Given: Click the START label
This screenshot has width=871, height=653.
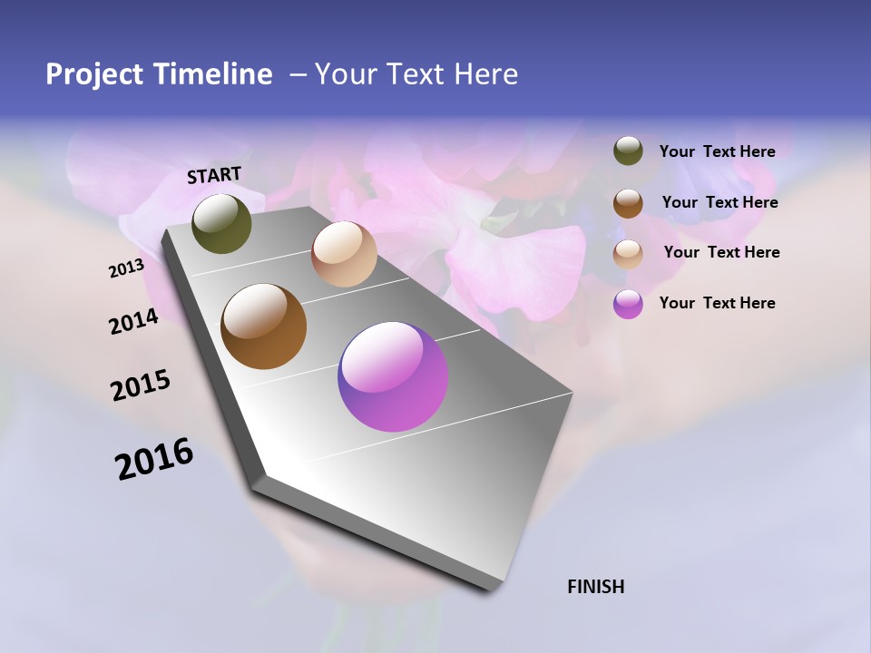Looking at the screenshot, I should tap(214, 175).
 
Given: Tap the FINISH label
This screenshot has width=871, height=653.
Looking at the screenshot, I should tap(595, 587).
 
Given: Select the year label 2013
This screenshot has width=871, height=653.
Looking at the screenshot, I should tap(127, 268).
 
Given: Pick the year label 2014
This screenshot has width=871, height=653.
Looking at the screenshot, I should tap(133, 321).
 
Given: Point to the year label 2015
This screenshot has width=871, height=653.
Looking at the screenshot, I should tap(141, 385).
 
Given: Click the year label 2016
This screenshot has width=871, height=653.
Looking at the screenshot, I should tap(154, 459).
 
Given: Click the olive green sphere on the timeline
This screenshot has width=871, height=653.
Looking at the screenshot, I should tap(221, 223).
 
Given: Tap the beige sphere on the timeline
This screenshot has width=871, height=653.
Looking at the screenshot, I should tap(344, 254).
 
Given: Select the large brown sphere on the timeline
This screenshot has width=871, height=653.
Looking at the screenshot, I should tap(263, 326).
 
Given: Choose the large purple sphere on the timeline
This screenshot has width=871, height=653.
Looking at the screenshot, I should tap(393, 376).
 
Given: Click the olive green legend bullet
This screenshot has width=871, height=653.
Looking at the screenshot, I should tap(628, 151).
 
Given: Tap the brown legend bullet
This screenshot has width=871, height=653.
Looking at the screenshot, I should tap(628, 203).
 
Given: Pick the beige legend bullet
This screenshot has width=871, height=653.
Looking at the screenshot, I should tap(628, 254).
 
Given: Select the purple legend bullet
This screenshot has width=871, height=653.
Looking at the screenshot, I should tap(628, 304).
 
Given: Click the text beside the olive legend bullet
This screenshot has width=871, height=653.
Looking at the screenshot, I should tap(717, 151).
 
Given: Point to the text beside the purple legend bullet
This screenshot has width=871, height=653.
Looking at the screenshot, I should tap(717, 303).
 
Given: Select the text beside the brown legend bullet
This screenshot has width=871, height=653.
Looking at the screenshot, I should tap(719, 202).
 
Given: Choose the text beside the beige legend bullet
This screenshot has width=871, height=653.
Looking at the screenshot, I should tap(721, 252).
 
